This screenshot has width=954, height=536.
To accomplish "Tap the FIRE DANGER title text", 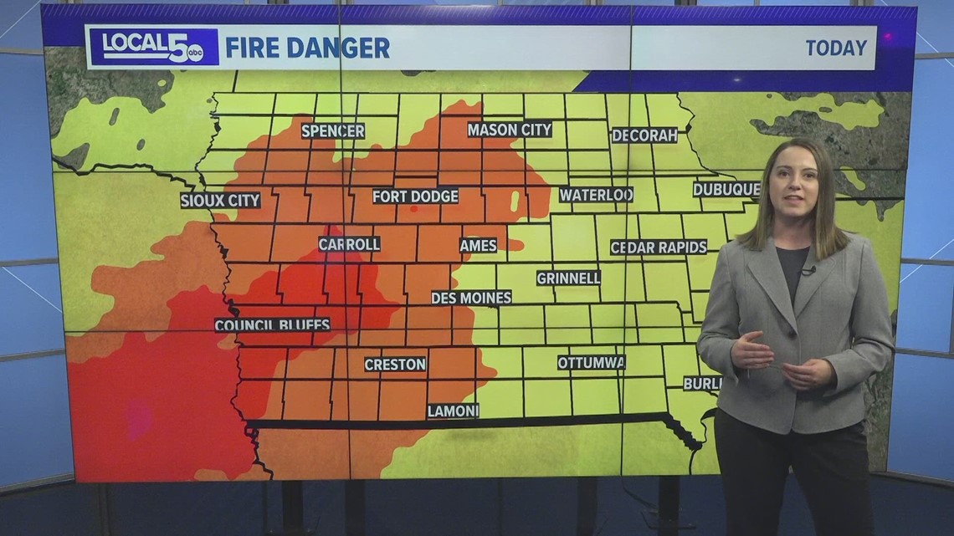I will tap(307, 48).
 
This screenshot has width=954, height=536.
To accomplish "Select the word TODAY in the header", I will tap(835, 48).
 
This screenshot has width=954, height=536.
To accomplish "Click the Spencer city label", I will tap(333, 130).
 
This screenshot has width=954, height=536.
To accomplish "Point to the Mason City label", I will tap(510, 130).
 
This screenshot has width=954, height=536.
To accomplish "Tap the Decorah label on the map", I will tap(644, 135).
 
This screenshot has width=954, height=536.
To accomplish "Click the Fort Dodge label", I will tap(416, 196).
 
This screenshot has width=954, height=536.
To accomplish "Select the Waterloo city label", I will tap(596, 194).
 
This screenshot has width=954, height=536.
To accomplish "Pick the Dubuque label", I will tap(726, 189).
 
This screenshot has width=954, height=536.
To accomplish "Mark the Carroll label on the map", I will tap(349, 244).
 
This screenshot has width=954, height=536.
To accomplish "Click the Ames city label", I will tap(478, 245).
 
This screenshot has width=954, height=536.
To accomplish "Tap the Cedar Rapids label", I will tap(659, 247).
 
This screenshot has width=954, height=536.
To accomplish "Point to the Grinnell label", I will tap(568, 278).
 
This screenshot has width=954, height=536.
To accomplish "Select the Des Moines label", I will tap(471, 297).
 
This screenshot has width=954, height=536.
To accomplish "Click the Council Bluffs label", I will tap(272, 324).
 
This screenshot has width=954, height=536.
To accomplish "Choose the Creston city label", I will tap(395, 365).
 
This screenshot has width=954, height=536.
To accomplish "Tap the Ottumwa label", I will tap(592, 362).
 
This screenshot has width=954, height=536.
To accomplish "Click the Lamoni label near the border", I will tap(453, 411).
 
